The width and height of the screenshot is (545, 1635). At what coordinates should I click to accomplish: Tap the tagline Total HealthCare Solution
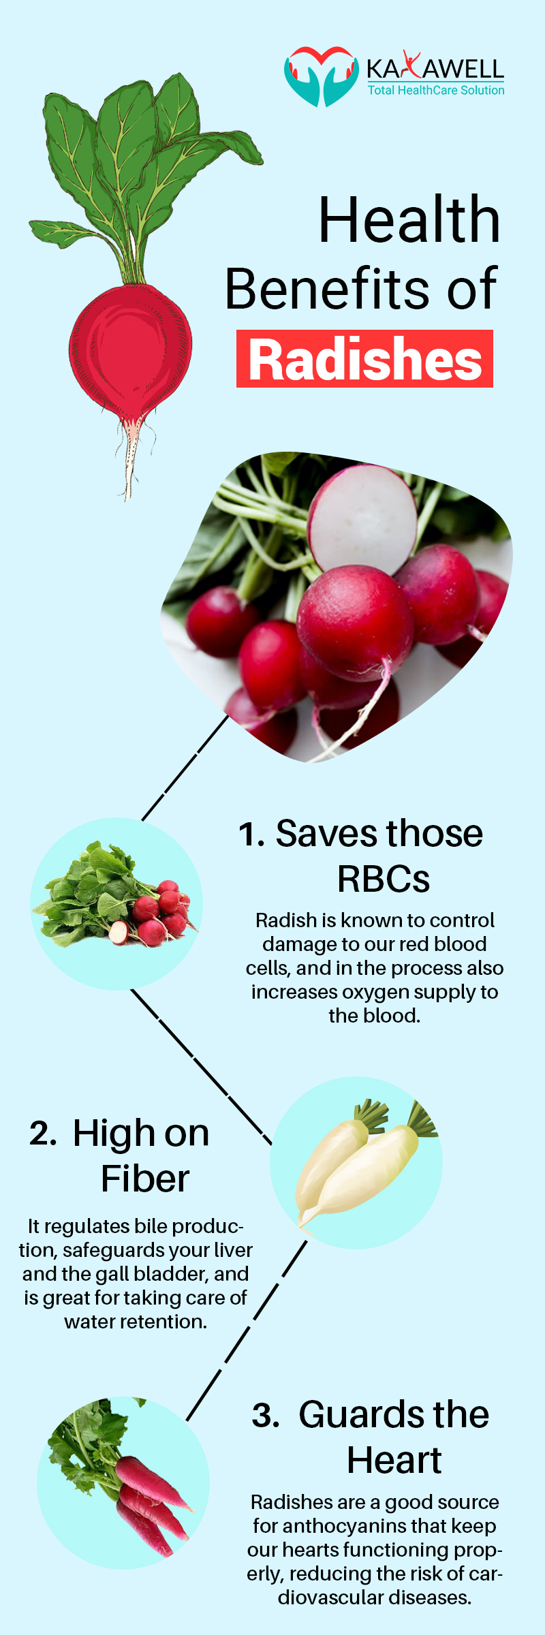click(436, 91)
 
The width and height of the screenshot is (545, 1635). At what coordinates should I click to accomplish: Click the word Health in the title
click(409, 219)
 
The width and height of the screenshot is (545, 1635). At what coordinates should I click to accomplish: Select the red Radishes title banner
click(364, 359)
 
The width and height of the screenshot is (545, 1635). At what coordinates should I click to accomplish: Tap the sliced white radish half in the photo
click(362, 517)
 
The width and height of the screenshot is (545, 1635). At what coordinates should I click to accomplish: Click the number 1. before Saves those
click(251, 835)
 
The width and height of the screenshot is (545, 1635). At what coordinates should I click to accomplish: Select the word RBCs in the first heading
click(384, 879)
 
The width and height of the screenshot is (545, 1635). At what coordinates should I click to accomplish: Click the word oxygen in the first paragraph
click(345, 992)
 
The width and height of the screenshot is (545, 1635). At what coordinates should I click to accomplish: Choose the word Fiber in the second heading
click(144, 1179)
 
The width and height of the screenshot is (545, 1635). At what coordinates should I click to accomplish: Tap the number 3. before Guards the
click(266, 1416)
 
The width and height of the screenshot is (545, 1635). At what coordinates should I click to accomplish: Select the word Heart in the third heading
click(394, 1461)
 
